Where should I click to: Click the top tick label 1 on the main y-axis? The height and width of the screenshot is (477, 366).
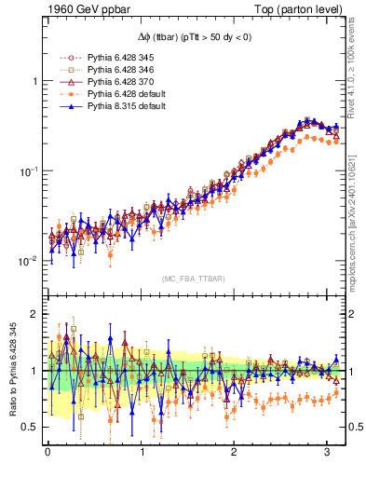[x=34, y=81]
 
